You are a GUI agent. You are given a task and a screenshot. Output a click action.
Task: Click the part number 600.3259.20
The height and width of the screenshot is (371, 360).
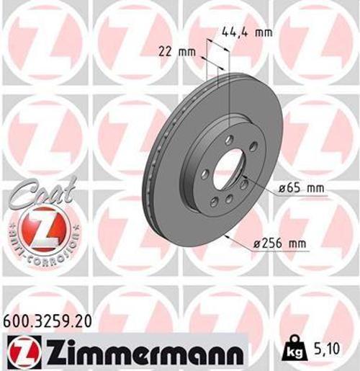click(x=48, y=322)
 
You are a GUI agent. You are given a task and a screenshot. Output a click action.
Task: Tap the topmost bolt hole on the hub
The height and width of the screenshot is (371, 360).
click(x=230, y=139)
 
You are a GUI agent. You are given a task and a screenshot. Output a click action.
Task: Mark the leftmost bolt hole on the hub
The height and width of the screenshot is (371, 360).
click(x=205, y=174)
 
